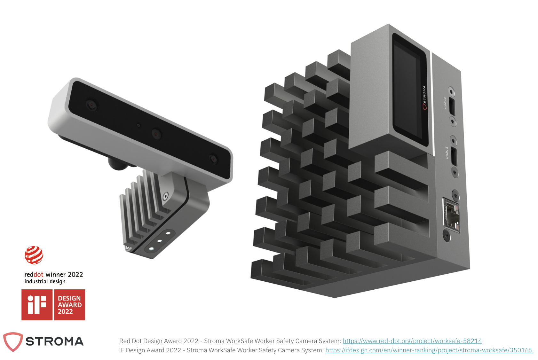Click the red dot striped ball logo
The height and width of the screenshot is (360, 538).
[x=34, y=255]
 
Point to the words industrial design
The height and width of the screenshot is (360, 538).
[x=45, y=281]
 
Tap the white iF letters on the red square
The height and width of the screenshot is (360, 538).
[x=37, y=305]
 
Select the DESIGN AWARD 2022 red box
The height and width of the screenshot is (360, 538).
[x=70, y=305]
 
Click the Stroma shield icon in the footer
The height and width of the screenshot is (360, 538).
[x=13, y=341]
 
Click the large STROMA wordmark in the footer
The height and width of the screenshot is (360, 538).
[x=54, y=341]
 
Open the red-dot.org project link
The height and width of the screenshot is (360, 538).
[x=412, y=341]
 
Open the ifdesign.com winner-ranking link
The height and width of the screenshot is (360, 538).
[x=429, y=350]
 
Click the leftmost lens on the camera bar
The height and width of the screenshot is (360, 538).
[x=92, y=105]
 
